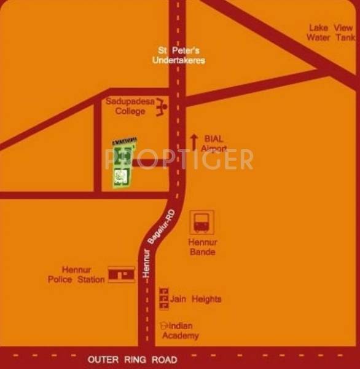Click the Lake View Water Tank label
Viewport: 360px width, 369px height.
point(331,32)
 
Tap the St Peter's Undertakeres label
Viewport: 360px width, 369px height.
point(179,55)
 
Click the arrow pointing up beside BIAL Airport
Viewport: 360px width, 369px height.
point(194,142)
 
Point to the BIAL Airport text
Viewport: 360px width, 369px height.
point(214,144)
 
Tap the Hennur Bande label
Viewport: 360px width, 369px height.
point(202,247)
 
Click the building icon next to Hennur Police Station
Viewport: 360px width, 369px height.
point(121,274)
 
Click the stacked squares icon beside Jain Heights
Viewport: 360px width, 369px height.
point(163,298)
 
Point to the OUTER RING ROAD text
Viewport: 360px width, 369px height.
point(133,359)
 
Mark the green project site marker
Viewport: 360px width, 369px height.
point(122,162)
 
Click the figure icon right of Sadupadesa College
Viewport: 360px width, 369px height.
point(162,108)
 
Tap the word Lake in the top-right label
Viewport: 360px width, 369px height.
point(319,28)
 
